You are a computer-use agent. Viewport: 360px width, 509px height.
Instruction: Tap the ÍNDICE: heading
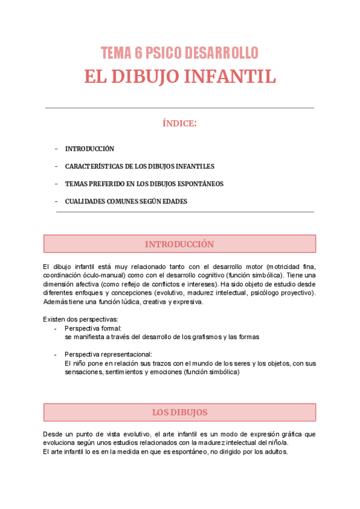click(179, 124)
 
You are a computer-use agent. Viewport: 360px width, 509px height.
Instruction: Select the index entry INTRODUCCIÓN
click(89, 149)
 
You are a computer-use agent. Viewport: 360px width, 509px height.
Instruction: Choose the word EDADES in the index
click(172, 202)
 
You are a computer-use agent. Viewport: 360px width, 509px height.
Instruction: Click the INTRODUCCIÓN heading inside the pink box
click(179, 244)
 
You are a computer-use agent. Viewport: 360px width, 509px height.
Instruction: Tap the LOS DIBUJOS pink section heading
click(179, 412)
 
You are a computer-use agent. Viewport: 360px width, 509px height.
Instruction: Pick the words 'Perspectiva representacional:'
click(109, 354)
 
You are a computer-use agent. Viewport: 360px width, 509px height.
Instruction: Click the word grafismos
click(199, 337)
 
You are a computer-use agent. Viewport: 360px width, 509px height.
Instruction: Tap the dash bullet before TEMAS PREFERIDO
click(56, 184)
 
